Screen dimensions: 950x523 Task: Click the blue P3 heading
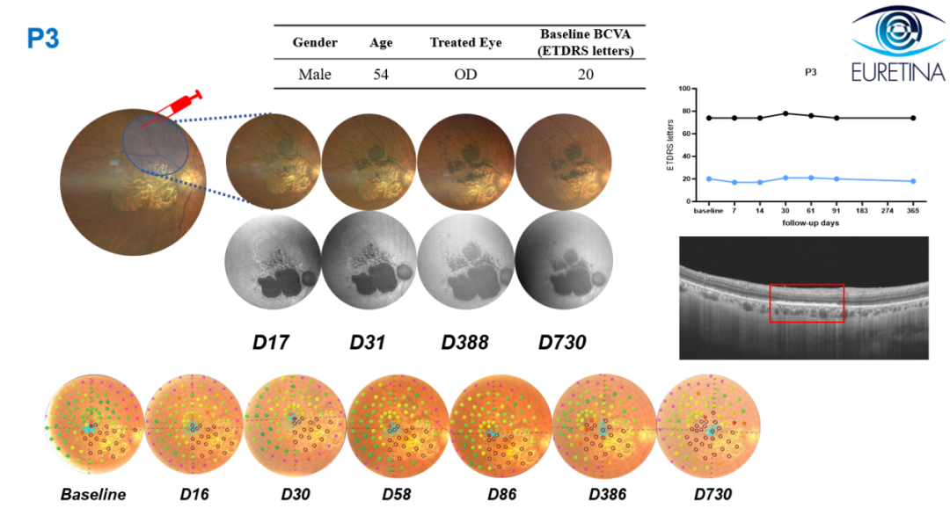[43, 39]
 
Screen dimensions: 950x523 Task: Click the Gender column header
[314, 42]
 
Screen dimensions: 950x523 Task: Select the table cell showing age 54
[381, 75]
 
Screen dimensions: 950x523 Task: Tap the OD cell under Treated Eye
[465, 75]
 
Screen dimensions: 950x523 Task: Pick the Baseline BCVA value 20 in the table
[585, 75]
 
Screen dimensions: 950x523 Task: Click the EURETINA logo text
[898, 72]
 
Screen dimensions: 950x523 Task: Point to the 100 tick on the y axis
[684, 89]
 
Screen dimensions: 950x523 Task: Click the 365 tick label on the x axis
[912, 211]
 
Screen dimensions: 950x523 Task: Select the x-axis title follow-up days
[810, 222]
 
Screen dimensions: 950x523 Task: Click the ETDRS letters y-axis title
[670, 145]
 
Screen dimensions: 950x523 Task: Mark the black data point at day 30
[786, 113]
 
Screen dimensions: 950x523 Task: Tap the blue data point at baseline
[709, 179]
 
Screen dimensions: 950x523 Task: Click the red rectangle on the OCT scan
[807, 285]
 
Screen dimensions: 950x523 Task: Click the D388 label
[464, 343]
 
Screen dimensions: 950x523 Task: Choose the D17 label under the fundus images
[270, 343]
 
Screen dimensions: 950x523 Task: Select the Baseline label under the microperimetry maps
[93, 495]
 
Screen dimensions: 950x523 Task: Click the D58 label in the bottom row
[396, 495]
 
